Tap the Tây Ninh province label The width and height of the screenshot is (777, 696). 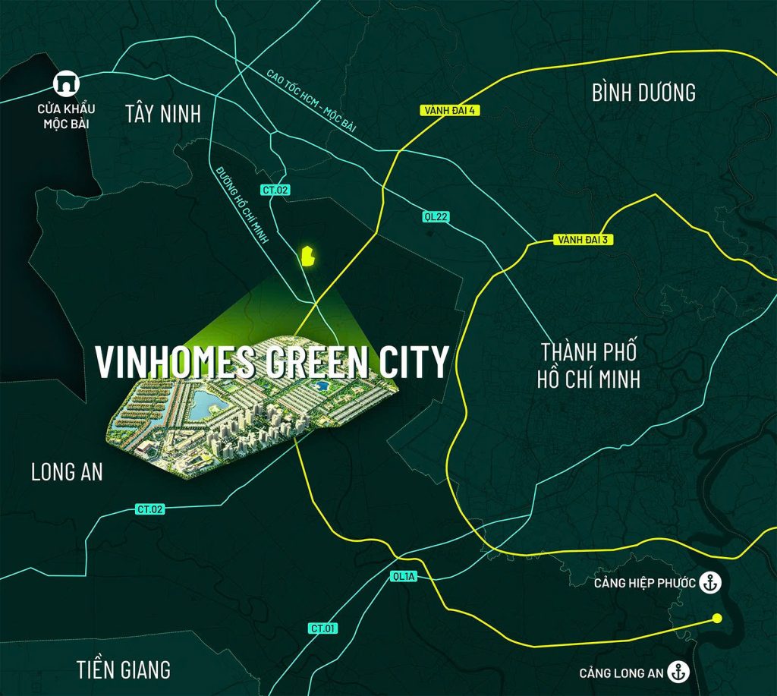163,115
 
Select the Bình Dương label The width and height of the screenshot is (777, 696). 643,93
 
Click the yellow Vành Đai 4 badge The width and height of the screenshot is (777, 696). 449,111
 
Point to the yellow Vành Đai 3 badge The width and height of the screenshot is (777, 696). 584,240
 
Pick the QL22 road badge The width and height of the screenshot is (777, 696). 436,217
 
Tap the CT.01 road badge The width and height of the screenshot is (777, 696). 323,628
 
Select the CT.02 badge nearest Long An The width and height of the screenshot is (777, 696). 150,509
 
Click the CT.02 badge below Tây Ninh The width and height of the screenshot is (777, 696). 276,191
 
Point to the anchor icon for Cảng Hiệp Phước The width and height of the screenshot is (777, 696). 710,583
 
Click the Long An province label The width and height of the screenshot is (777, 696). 67,472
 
